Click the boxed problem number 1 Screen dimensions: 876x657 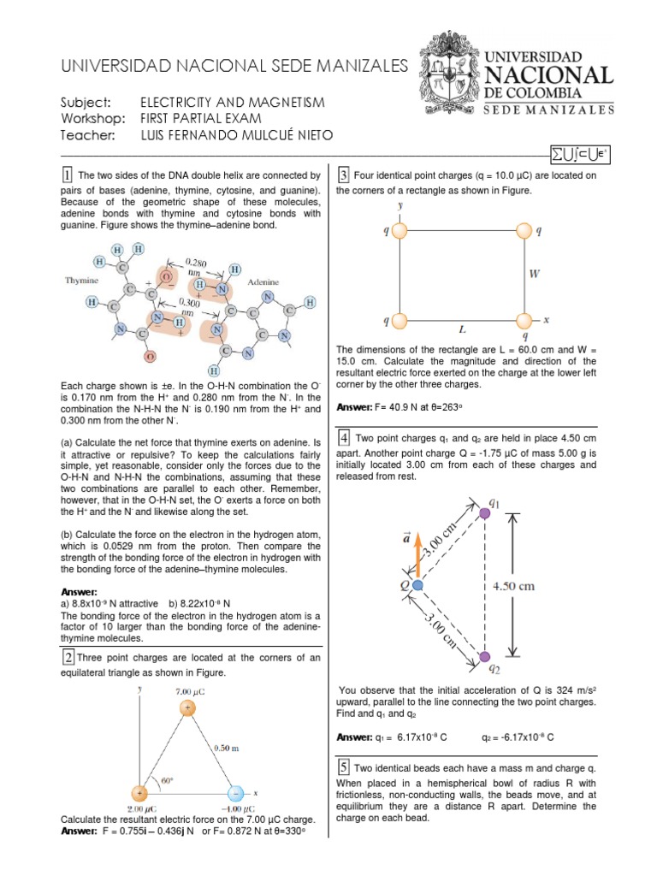tap(68, 175)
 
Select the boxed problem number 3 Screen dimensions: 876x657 tap(343, 176)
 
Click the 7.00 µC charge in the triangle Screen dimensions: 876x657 tap(186, 709)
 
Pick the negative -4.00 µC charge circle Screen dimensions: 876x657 tap(234, 793)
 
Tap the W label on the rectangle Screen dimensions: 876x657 tap(534, 275)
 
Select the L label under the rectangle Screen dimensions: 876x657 tap(462, 328)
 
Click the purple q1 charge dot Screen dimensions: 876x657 tap(485, 512)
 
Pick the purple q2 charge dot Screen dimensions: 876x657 tap(485, 656)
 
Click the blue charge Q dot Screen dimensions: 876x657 tap(417, 585)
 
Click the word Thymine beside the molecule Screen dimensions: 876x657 tap(83, 280)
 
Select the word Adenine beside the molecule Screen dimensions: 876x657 tap(264, 281)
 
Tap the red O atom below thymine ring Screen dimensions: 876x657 tap(151, 356)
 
